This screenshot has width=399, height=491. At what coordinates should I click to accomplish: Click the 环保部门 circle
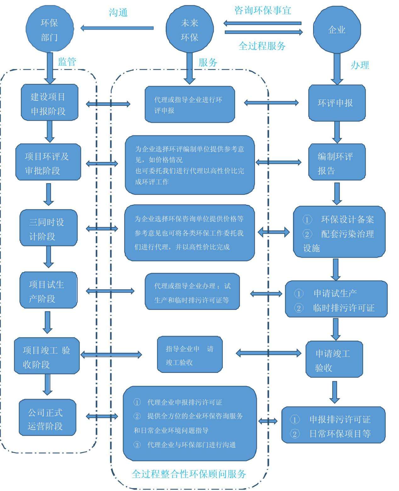tap(49, 30)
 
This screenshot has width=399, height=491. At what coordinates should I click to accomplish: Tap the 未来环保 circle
tap(189, 30)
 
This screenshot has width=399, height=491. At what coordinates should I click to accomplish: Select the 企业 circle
tap(337, 30)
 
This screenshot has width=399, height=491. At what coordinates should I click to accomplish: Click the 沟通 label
tap(118, 13)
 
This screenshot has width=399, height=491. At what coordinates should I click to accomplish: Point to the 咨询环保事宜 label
tap(263, 10)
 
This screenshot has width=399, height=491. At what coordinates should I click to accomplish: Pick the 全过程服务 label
tap(262, 46)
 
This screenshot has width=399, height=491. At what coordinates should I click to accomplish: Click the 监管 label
tap(67, 62)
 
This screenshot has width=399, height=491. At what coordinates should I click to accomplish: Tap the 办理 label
tap(360, 65)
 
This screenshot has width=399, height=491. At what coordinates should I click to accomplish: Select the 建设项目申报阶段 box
tap(49, 103)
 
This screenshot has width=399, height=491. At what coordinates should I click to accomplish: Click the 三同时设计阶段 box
tap(48, 228)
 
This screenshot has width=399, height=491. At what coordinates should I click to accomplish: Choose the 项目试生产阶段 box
tap(48, 290)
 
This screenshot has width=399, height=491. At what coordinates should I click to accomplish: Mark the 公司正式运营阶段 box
tap(47, 418)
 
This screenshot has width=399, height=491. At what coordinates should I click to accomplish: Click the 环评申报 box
tap(337, 103)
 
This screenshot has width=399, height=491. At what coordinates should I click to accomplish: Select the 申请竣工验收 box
tap(334, 359)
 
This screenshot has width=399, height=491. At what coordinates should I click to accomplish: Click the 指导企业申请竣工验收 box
tap(190, 355)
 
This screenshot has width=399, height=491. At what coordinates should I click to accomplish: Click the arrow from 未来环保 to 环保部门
tap(117, 28)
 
